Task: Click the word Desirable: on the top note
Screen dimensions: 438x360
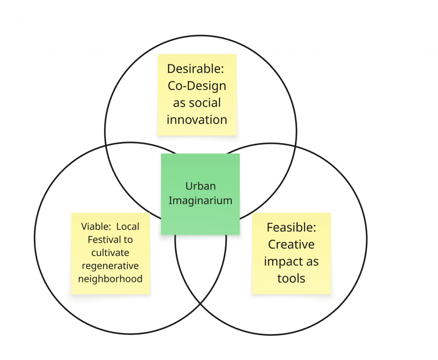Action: coord(195,69)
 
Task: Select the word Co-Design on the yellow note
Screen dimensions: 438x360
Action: coord(197,86)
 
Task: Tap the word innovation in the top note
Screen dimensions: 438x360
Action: coord(197,119)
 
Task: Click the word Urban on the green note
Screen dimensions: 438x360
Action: coord(201,186)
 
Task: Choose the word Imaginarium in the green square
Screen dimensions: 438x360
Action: coord(200,201)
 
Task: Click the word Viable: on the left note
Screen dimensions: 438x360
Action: coord(96,226)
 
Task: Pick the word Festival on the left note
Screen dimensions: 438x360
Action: coord(102,240)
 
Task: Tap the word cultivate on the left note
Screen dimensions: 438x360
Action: coord(110,253)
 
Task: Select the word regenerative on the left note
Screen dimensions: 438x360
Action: coord(110,266)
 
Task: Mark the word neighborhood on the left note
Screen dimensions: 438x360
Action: coord(110,279)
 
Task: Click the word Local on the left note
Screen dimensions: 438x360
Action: coord(127,226)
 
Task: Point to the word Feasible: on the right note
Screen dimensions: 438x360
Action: coord(291,227)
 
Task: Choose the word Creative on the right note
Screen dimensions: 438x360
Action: coord(291,244)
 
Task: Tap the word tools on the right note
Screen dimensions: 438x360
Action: coord(291,278)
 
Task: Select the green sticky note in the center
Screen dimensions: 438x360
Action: coord(200,194)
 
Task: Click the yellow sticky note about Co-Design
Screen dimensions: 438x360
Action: coord(197,95)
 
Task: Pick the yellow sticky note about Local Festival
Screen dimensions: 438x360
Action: coord(110,253)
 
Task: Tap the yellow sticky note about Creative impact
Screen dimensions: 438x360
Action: coord(292,253)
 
